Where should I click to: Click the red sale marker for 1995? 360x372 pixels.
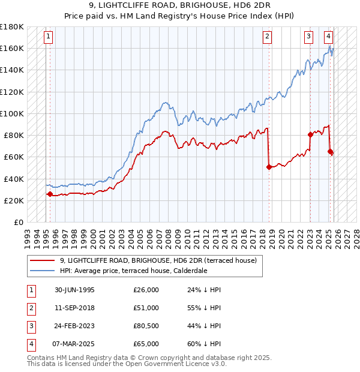[50, 194]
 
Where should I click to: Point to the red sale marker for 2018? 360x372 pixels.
[269, 167]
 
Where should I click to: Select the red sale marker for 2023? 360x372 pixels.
[310, 134]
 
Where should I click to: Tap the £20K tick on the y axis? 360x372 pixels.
[14, 200]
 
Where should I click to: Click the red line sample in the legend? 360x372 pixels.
[42, 260]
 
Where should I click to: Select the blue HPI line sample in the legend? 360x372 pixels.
[42, 271]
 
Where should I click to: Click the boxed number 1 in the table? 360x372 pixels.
[31, 290]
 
